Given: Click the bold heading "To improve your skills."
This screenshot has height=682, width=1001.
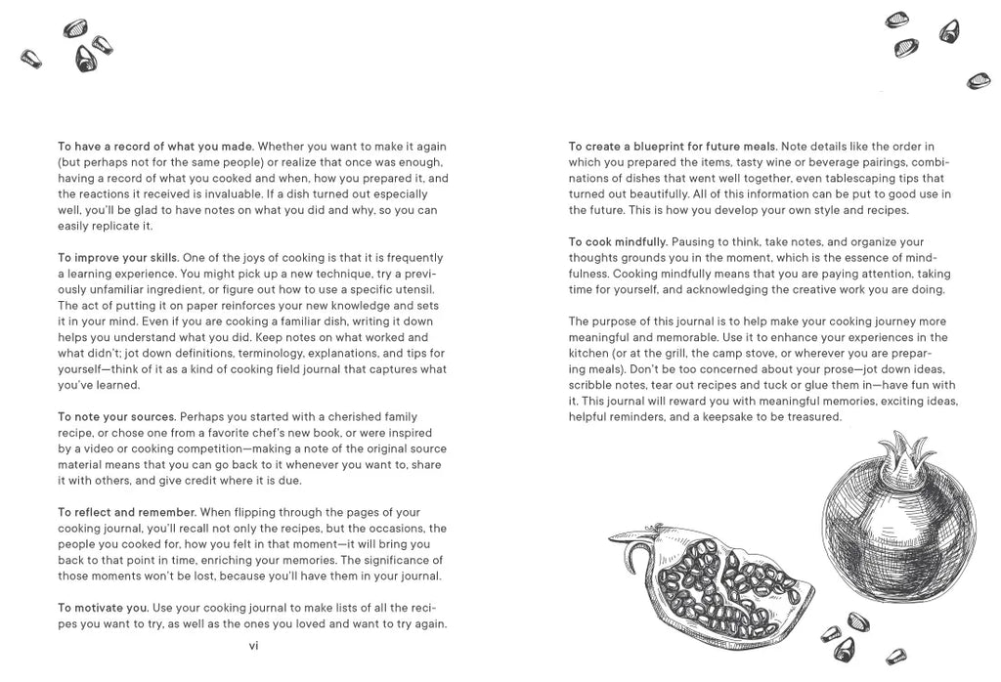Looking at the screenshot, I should [117, 258].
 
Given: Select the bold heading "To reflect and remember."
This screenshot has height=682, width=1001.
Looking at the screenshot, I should [127, 512].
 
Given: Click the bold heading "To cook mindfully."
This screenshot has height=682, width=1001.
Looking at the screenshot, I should [618, 241].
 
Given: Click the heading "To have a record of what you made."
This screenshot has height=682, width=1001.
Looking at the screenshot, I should [155, 147].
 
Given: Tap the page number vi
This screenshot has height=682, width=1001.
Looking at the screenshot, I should [252, 645].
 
